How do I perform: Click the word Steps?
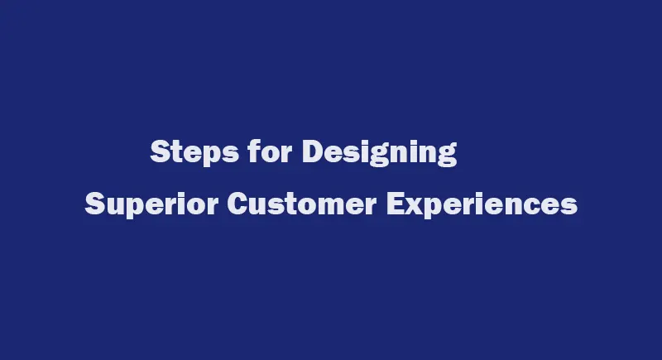point(194,151)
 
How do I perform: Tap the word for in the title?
point(271,151)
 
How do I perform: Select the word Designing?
point(380,152)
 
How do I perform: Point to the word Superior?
point(151,204)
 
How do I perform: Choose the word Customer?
point(302,204)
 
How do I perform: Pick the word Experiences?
point(482,204)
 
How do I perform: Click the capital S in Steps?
point(160,151)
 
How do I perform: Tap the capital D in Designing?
point(313,151)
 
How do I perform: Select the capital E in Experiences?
point(396,204)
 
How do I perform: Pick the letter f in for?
point(254,151)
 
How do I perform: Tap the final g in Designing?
point(447,156)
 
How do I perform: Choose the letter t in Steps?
point(176,152)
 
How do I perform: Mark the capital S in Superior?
point(94,204)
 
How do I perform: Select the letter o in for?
point(271,154)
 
